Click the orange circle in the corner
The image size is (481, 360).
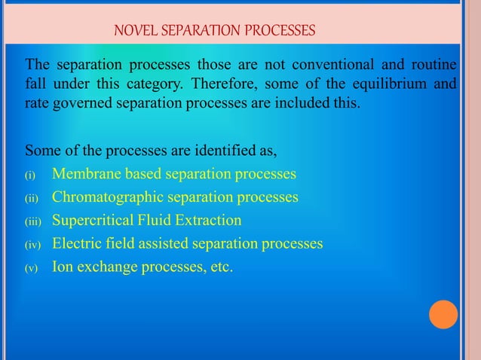click(443, 314)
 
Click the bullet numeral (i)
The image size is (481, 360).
click(31, 176)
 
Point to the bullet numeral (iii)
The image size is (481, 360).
click(33, 222)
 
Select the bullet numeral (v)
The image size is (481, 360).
click(31, 268)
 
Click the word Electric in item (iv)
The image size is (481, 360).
click(76, 244)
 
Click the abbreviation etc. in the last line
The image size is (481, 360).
click(219, 267)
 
